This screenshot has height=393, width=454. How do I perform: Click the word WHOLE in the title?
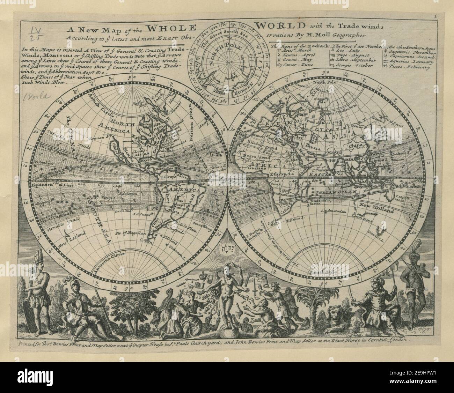pos(171,28)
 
